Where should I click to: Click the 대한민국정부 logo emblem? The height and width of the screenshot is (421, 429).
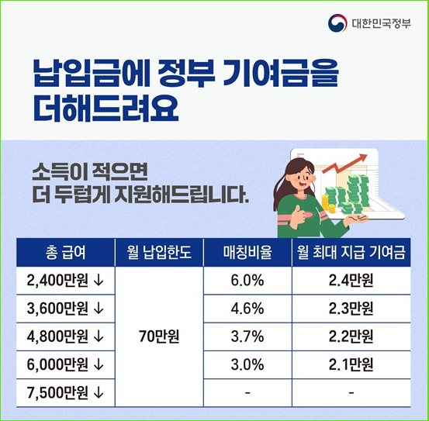pyautogui.click(x=337, y=23)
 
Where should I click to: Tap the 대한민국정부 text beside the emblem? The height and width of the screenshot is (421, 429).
pyautogui.click(x=381, y=23)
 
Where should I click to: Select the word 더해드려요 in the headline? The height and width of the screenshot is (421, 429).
pyautogui.click(x=106, y=109)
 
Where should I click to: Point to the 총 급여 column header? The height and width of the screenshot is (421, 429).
pyautogui.click(x=65, y=252)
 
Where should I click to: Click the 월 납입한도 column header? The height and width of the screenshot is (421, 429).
pyautogui.click(x=158, y=252)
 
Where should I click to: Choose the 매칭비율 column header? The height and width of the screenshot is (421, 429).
pyautogui.click(x=246, y=252)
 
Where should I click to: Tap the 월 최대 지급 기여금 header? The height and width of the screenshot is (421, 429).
pyautogui.click(x=351, y=252)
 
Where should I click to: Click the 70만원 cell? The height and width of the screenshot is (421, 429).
pyautogui.click(x=158, y=336)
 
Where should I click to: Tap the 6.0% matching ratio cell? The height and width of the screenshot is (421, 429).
pyautogui.click(x=247, y=280)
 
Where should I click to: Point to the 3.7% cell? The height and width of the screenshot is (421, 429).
pyautogui.click(x=247, y=336)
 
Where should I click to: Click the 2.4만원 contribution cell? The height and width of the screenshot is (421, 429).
pyautogui.click(x=351, y=280)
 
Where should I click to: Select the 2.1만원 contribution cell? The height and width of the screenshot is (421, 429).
pyautogui.click(x=351, y=364)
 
